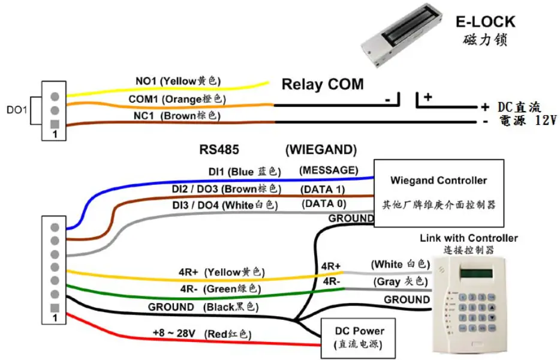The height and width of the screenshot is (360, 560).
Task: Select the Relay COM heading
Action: (323, 85)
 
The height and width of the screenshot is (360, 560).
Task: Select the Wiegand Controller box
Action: (439, 192)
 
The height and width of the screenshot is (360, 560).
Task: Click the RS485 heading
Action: (219, 149)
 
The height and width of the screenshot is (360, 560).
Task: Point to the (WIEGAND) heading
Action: (321, 149)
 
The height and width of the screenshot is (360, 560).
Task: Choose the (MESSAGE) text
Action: (329, 170)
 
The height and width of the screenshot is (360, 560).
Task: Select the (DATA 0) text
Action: (324, 204)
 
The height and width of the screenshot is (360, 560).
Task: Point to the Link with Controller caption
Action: (468, 238)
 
